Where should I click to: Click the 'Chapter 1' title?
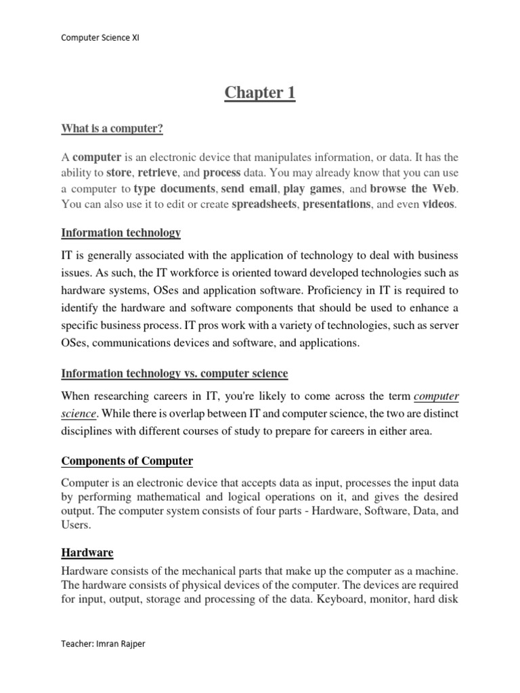click(260, 93)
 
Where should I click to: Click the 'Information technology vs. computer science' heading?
click(175, 374)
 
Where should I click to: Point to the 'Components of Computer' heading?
click(127, 462)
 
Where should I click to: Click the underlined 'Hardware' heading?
click(87, 553)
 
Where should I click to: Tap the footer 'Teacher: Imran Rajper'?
click(103, 644)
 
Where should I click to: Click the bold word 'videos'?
click(439, 204)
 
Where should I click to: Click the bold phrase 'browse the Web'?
click(414, 188)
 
